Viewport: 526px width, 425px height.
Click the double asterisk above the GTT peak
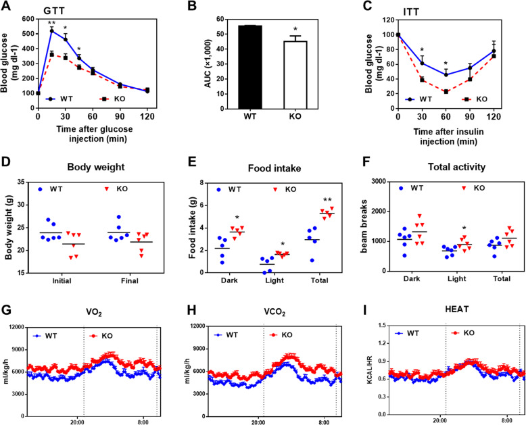click(51, 22)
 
